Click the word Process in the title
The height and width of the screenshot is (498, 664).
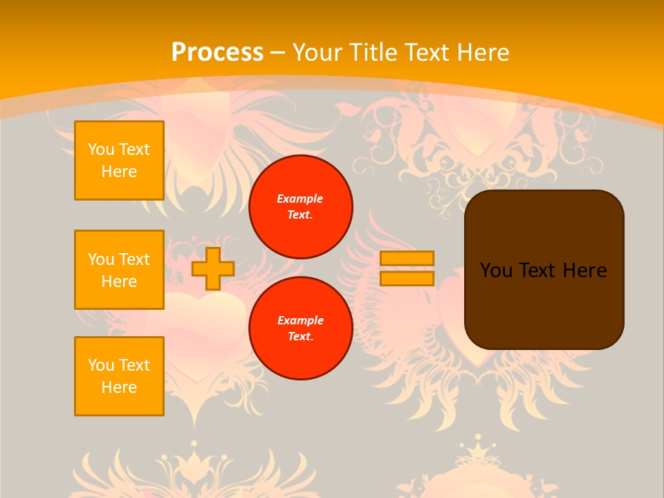click(217, 52)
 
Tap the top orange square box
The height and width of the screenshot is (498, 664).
click(119, 160)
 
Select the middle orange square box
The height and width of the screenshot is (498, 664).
click(119, 270)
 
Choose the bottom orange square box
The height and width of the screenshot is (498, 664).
click(119, 376)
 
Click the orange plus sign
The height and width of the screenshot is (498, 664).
click(212, 269)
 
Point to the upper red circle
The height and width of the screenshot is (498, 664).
click(300, 207)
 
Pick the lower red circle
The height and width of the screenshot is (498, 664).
click(300, 329)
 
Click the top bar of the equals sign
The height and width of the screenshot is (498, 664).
click(407, 258)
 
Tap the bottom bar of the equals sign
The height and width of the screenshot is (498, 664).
click(407, 279)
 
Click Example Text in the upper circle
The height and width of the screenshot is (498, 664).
click(300, 207)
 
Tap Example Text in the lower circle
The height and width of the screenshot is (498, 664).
click(300, 329)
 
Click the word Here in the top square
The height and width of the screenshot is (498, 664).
click(119, 172)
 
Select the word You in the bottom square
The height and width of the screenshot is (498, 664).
click(101, 365)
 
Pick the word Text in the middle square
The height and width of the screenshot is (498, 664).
click(133, 259)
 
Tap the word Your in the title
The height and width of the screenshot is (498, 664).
click(317, 52)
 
